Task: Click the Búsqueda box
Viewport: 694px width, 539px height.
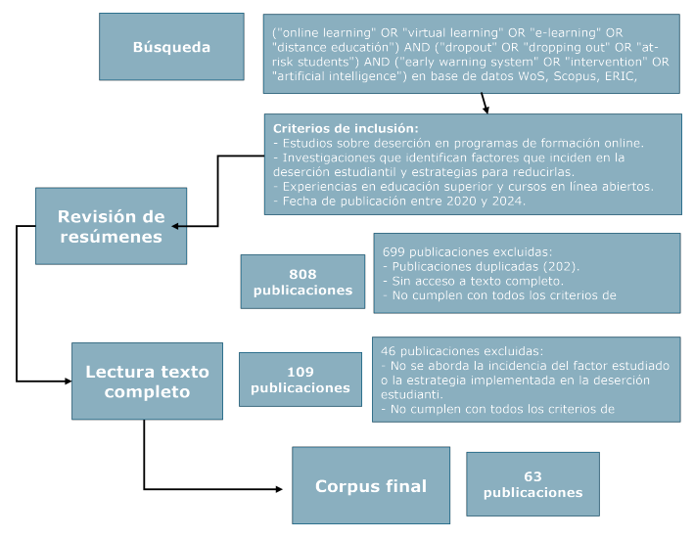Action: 171,47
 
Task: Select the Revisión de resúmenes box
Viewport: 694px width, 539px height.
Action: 111,226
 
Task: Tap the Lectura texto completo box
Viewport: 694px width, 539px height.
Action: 147,382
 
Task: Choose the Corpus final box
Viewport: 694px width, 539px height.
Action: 370,486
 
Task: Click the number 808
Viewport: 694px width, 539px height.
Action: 302,274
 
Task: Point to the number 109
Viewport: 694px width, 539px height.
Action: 300,372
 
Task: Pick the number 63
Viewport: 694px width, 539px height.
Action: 532,476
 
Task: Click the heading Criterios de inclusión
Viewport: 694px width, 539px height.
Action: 345,128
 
